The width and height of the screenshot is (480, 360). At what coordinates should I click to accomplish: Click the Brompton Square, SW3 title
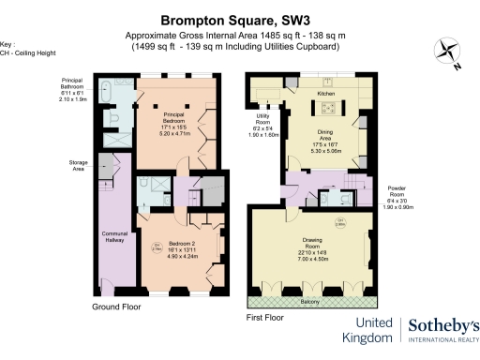click(x=239, y=18)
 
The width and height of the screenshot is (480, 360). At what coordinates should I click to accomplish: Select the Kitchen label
click(x=325, y=95)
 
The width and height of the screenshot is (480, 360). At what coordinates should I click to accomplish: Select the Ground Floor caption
click(x=117, y=307)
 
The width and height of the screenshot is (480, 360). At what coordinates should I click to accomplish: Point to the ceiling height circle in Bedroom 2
click(x=157, y=247)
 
